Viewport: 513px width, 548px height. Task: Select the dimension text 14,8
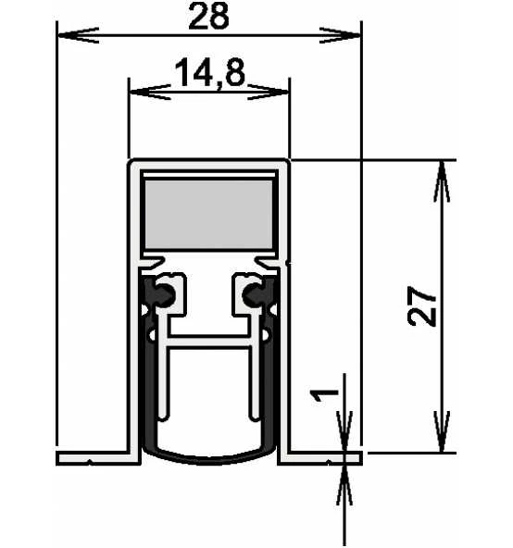pyautogui.click(x=208, y=73)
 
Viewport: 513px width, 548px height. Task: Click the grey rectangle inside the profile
pyautogui.click(x=209, y=214)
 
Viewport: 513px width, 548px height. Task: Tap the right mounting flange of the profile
pyautogui.click(x=324, y=456)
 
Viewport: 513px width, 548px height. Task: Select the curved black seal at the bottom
pyautogui.click(x=209, y=455)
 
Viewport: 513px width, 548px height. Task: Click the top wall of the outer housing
pyautogui.click(x=209, y=163)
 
